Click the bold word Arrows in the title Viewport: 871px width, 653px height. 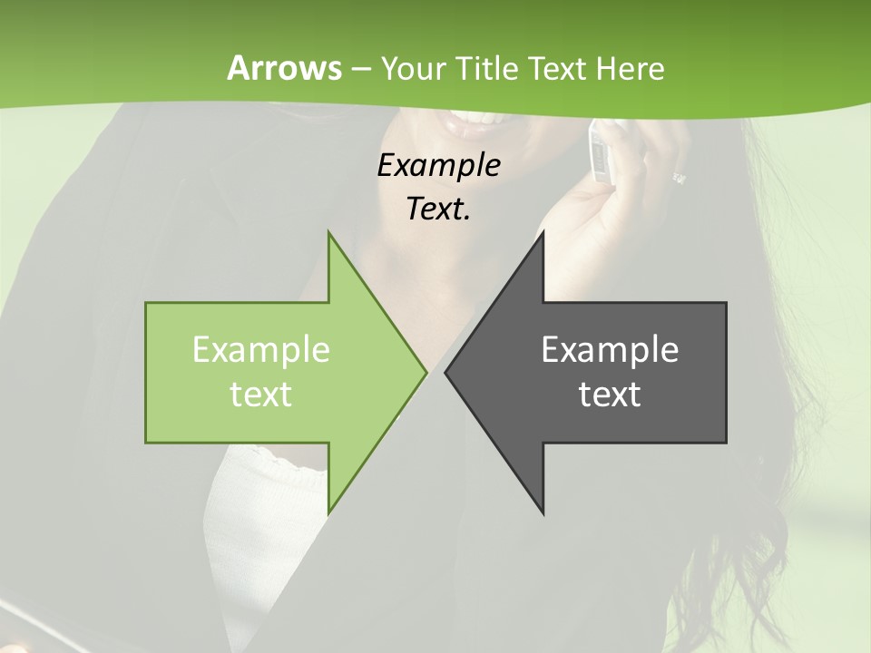(284, 68)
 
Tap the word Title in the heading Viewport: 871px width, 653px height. (487, 68)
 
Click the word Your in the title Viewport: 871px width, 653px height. (414, 68)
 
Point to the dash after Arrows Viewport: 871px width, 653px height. (360, 69)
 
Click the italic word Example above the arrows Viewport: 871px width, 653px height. (438, 165)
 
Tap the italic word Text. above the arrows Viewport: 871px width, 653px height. (438, 209)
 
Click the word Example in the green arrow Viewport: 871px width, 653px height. (261, 350)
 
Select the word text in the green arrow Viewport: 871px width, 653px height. (261, 395)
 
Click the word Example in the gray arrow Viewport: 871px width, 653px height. (610, 350)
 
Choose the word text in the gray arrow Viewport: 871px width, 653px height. (610, 395)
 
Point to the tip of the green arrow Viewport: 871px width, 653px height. (426, 372)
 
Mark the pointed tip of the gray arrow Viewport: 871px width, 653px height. (445, 372)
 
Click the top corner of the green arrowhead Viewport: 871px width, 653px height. (328, 232)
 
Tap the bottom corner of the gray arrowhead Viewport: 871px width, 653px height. (543, 513)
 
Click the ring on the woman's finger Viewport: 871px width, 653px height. (679, 178)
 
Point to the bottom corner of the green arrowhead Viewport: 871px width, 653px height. (328, 512)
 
